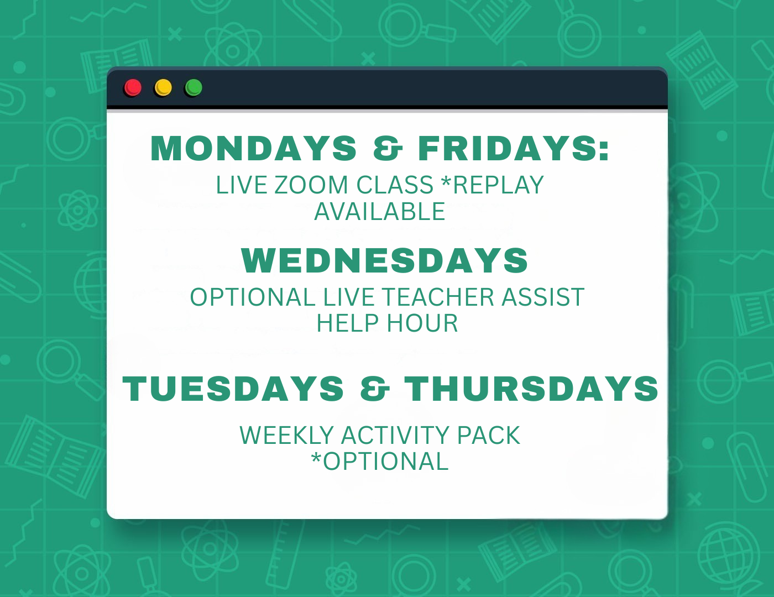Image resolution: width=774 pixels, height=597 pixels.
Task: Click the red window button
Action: click(x=133, y=87)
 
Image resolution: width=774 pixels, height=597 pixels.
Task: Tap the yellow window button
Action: click(x=163, y=87)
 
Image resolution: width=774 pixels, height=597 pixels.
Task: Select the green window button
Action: click(x=193, y=87)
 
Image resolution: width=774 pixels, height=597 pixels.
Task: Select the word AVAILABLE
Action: click(x=380, y=212)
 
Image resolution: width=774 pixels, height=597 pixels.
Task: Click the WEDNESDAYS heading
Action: click(x=384, y=260)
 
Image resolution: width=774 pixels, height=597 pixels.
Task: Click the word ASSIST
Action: click(x=543, y=297)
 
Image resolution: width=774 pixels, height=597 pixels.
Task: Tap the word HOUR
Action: click(x=422, y=323)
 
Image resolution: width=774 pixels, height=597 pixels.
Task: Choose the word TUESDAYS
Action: click(x=233, y=389)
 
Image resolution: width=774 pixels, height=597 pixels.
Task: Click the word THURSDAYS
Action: click(x=531, y=389)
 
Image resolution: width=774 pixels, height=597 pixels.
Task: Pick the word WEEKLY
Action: click(x=287, y=435)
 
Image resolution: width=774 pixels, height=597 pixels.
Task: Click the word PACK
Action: click(x=488, y=435)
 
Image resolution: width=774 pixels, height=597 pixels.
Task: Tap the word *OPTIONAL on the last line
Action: click(x=380, y=462)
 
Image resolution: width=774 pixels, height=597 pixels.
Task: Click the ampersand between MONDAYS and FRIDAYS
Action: click(x=388, y=148)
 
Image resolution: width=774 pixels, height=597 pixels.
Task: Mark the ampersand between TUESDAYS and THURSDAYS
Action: click(x=375, y=389)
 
